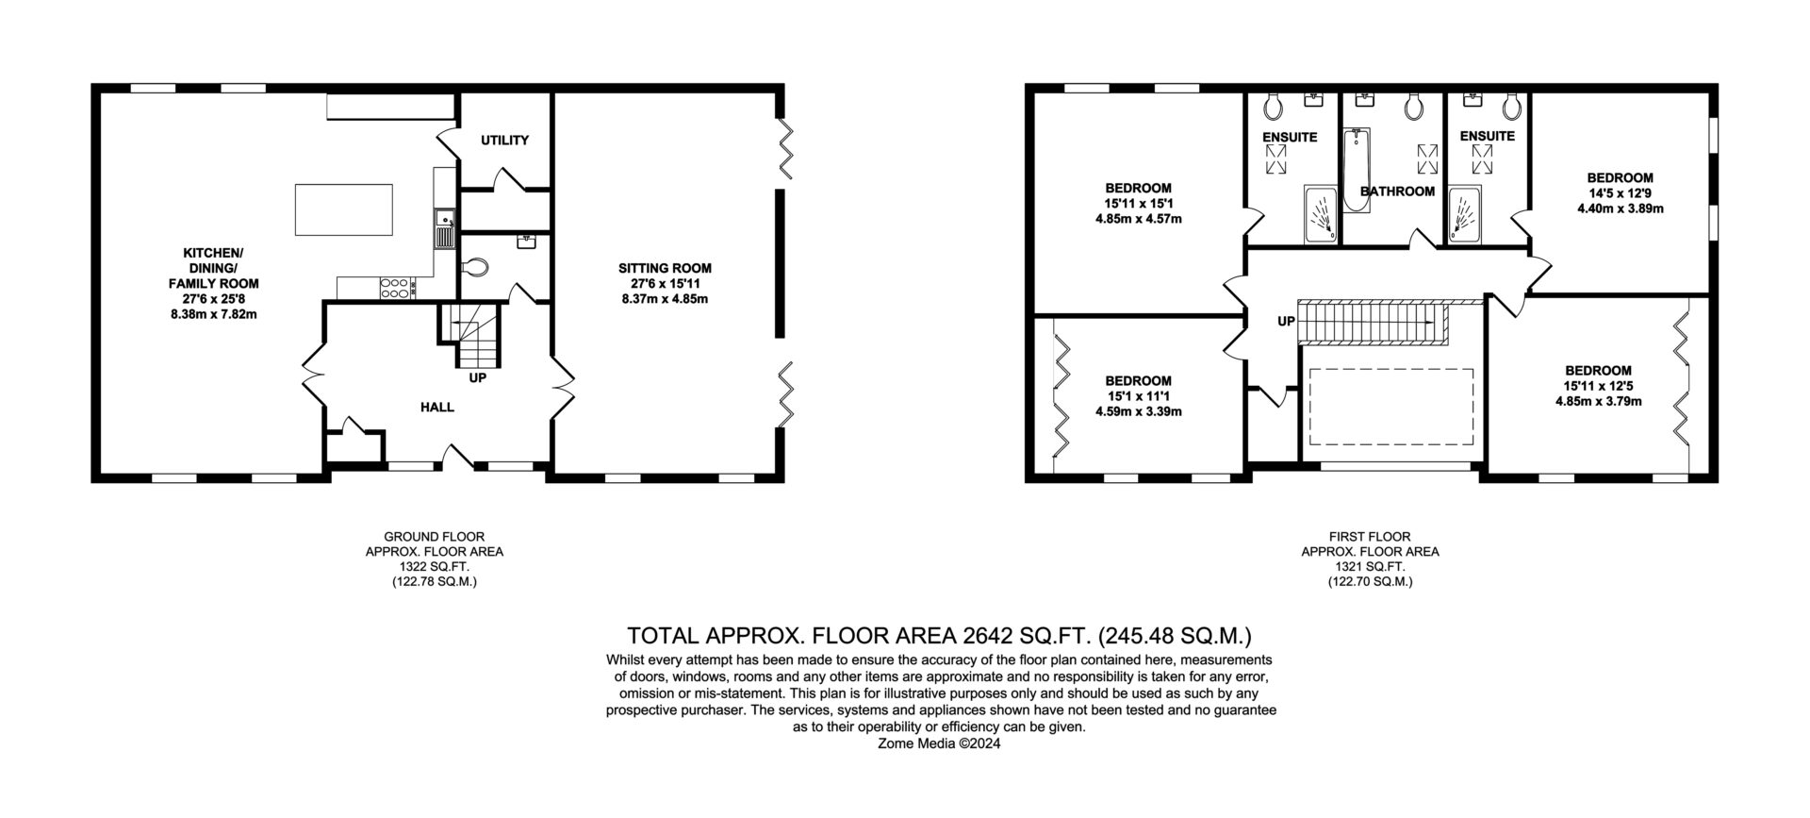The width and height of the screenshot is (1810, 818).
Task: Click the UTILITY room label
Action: (504, 141)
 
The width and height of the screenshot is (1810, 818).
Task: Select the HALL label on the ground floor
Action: (437, 408)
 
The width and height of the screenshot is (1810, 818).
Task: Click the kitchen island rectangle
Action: (344, 209)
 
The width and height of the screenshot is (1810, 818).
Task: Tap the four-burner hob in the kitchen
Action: (394, 288)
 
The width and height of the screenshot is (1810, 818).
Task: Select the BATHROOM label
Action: (1397, 192)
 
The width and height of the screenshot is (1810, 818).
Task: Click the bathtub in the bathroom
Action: (1356, 170)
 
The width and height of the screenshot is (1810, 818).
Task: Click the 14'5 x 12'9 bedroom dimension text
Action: (1620, 193)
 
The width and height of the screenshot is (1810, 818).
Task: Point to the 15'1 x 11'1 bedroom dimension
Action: (1138, 396)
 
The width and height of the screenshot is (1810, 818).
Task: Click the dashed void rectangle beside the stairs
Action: (1391, 407)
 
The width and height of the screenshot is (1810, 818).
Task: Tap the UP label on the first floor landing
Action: (1286, 322)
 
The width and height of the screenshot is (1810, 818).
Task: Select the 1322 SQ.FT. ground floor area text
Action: (435, 567)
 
